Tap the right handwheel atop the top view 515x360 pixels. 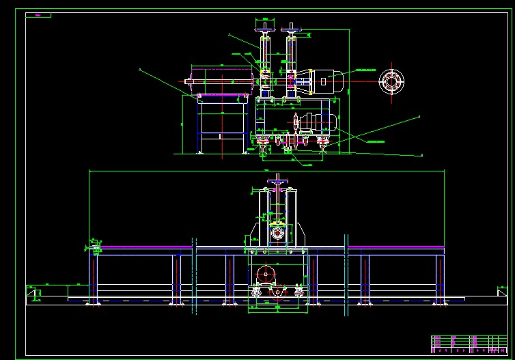coord(292,27)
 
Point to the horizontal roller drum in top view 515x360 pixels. coord(221,81)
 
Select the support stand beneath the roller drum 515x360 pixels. coord(221,123)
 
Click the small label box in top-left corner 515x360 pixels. coord(38,15)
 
